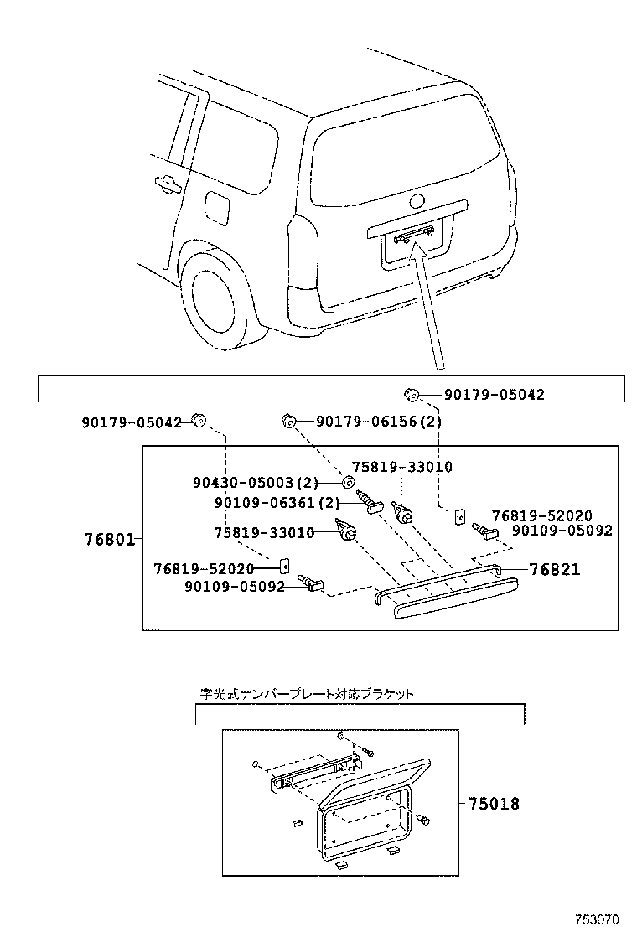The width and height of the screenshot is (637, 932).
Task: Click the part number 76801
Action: [x=109, y=539]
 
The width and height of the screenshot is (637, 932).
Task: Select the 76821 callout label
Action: [x=555, y=570]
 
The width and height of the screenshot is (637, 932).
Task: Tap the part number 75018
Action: [x=494, y=804]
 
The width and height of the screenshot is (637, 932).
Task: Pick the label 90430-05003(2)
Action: [x=255, y=483]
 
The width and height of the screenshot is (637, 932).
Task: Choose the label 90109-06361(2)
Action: [x=265, y=503]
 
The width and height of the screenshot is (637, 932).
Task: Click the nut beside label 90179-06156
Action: [x=287, y=421]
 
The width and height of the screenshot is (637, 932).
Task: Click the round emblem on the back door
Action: [x=417, y=201]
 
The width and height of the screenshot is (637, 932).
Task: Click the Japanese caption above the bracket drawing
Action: [x=306, y=694]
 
